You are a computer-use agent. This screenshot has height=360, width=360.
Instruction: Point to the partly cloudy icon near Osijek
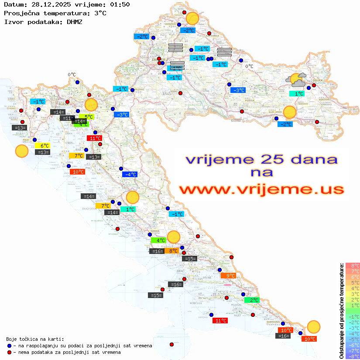pyautogui.click(x=296, y=80)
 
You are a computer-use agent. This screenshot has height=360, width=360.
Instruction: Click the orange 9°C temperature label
pyautogui.click(x=228, y=275)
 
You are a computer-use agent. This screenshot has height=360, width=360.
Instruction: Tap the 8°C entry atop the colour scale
pyautogui.click(x=352, y=265)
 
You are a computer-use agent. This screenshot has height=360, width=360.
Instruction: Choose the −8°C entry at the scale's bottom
pyautogui.click(x=352, y=357)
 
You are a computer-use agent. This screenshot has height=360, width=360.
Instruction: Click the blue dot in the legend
pyautogui.click(x=10, y=346)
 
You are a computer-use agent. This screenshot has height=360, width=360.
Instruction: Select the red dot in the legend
pyautogui.click(x=10, y=352)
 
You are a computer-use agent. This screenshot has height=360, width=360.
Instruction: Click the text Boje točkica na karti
pyautogui.click(x=35, y=339)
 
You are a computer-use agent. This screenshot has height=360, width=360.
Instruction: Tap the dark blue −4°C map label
pyautogui.click(x=130, y=175)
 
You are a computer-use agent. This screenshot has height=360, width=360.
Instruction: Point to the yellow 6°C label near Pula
pyautogui.click(x=44, y=146)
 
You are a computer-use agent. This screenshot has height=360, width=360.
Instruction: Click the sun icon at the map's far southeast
pyautogui.click(x=313, y=326)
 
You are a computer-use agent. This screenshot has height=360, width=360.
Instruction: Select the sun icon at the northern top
pyautogui.click(x=192, y=18)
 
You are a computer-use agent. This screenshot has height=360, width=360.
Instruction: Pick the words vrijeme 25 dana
pyautogui.click(x=261, y=159)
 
